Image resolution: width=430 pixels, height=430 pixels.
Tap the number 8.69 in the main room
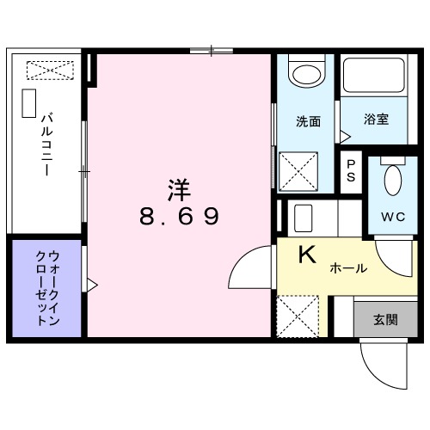[x=180, y=216]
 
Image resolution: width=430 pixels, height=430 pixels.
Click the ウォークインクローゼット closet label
[x=47, y=287]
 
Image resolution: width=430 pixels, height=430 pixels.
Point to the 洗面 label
[x=309, y=121]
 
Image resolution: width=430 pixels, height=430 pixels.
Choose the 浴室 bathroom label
[x=375, y=120]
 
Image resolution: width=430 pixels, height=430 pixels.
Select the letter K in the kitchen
[x=307, y=255]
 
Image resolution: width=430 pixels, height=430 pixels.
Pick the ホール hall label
[x=348, y=268]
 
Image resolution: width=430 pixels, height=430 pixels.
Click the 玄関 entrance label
[x=384, y=320]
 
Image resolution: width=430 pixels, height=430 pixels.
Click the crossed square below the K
[x=298, y=316]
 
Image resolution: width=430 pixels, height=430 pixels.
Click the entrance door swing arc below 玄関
[x=379, y=361]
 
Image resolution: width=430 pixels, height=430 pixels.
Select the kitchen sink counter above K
[x=313, y=218]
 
